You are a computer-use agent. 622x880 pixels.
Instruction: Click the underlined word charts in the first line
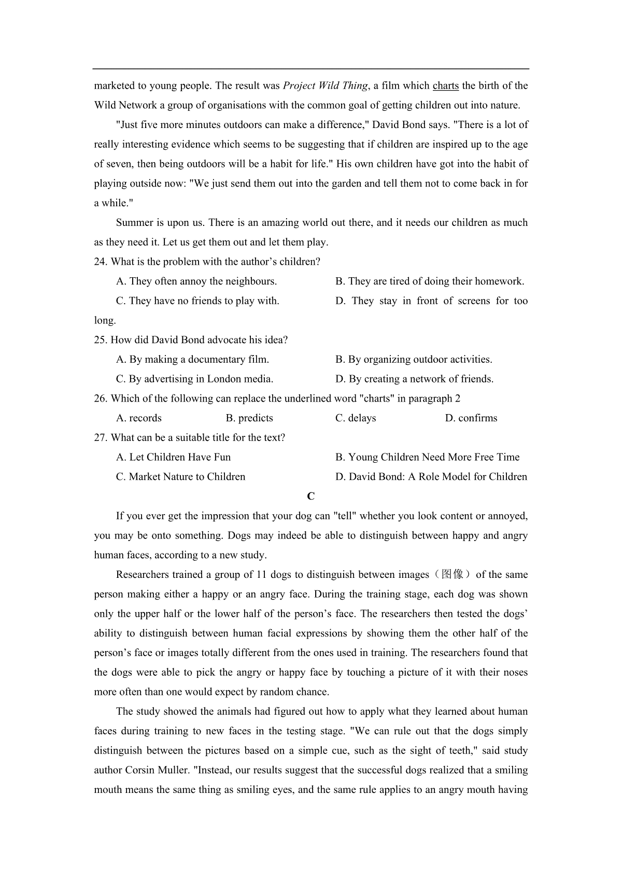445,86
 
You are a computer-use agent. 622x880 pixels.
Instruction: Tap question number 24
101,262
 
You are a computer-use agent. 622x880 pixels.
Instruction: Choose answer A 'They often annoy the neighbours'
196,281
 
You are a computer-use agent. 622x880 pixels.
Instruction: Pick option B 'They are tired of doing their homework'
430,281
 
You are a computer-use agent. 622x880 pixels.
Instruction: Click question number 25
101,340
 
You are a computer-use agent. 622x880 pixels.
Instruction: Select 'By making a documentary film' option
192,360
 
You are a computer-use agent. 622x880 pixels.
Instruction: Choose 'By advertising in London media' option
194,379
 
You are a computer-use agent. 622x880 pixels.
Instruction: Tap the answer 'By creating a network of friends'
414,379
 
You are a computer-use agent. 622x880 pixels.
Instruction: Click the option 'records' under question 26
139,418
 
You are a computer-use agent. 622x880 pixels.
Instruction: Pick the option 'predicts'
249,418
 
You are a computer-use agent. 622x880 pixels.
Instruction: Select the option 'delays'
356,418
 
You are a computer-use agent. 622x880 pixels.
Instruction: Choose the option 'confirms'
471,418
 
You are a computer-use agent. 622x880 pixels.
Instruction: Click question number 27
101,438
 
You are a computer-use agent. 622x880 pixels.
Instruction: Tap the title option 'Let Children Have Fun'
173,457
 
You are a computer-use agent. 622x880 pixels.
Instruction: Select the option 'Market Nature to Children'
180,477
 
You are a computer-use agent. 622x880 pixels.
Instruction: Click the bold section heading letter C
311,496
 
